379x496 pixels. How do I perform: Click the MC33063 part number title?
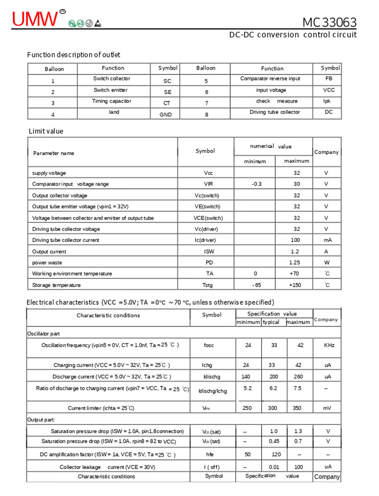329,22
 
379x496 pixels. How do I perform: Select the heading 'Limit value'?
46,131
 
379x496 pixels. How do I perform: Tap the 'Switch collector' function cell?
111,79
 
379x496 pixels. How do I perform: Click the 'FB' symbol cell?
329,78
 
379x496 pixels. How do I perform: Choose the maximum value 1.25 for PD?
295,263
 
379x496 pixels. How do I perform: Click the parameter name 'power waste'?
47,263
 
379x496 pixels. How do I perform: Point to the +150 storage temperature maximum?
295,285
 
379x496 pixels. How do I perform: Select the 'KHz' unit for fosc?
329,345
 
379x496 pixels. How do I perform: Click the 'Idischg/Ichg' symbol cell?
213,391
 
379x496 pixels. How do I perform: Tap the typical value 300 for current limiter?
272,408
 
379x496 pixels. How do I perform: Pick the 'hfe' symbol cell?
210,454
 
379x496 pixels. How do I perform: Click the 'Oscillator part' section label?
43,333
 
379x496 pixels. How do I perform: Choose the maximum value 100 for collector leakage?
298,467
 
